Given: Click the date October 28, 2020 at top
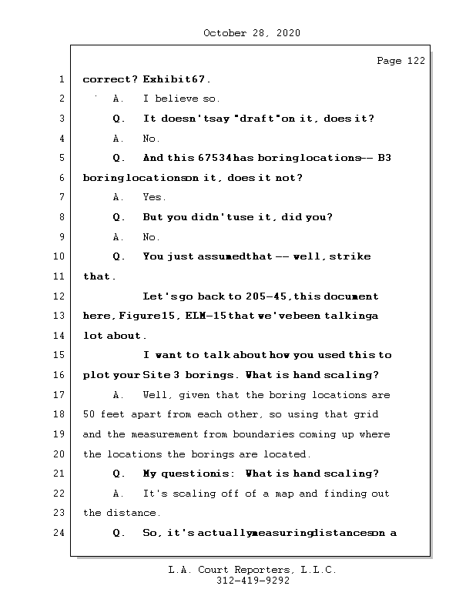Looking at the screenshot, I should point(251,33).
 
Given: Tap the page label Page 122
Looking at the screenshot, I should point(401,61).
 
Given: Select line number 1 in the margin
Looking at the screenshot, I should point(60,79).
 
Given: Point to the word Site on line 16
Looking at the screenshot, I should point(156,375).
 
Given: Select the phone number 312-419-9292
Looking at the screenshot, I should point(253,581).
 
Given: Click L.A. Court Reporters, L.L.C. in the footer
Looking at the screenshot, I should point(252,570).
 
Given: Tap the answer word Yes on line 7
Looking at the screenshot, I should point(154,198).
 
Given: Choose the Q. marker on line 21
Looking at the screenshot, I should point(119,474).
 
